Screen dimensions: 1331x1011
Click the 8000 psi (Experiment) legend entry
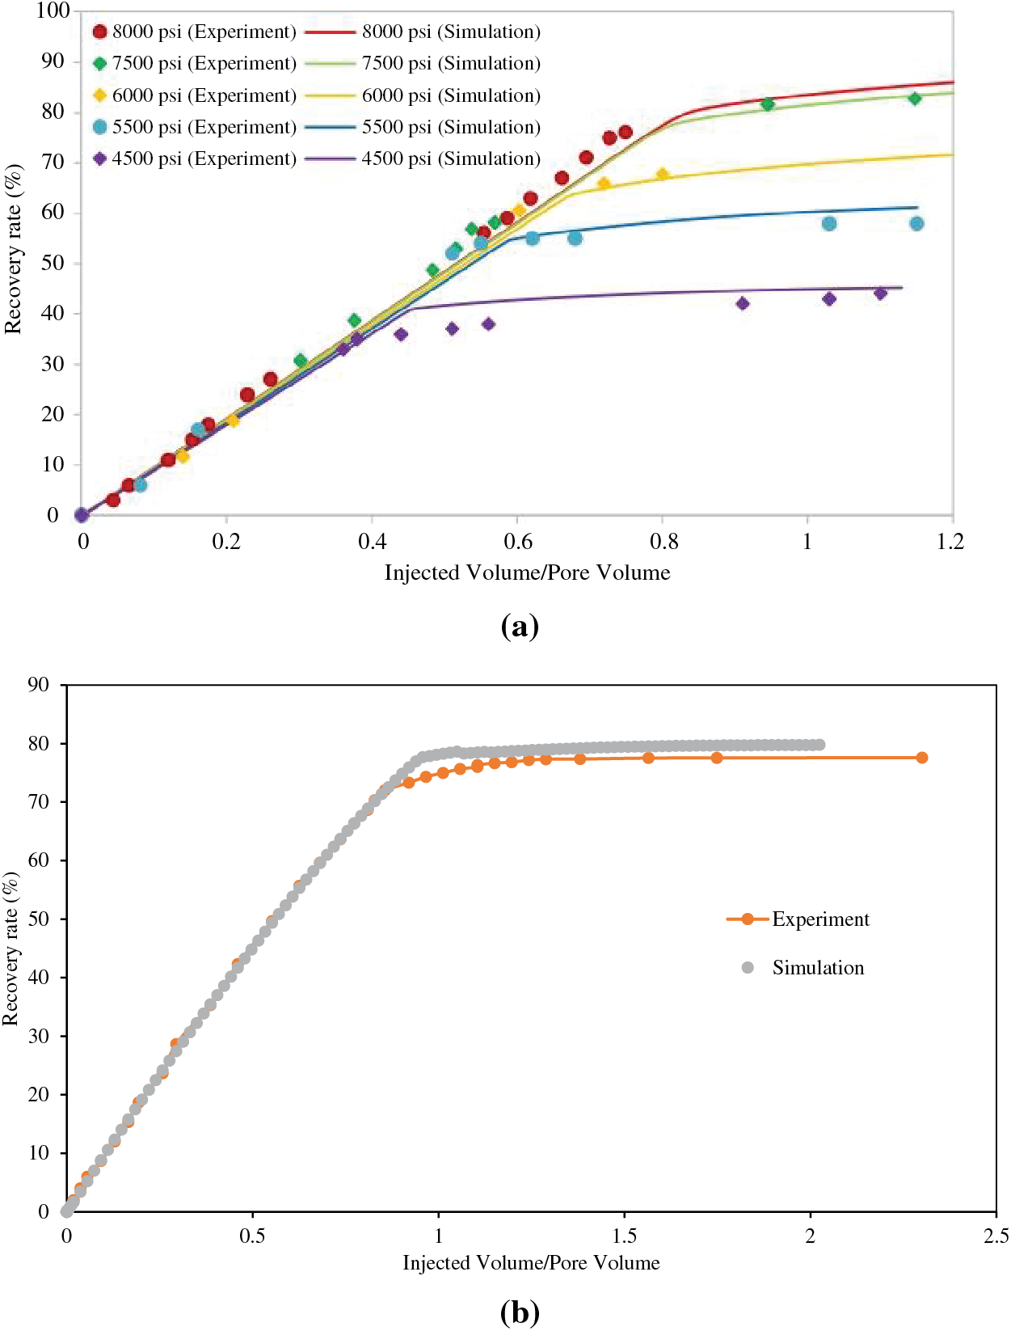[194, 32]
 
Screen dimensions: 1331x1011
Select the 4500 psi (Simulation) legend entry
[449, 158]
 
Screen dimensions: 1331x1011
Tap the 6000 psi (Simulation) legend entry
[449, 95]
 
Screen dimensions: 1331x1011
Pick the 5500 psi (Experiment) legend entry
[194, 127]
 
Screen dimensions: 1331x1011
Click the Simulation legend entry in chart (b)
[817, 968]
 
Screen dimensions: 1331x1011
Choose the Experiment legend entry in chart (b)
[819, 919]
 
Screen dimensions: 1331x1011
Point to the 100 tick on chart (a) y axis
[53, 11]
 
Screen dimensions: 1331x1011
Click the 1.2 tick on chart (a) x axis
[951, 541]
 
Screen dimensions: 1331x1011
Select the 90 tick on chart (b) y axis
[38, 685]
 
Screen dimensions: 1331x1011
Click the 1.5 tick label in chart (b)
[624, 1236]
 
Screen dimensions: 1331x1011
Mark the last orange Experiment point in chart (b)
[922, 758]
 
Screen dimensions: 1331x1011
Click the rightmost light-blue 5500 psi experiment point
[916, 223]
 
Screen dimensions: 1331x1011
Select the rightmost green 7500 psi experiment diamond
[915, 99]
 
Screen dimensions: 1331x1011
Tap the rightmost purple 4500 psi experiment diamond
[881, 294]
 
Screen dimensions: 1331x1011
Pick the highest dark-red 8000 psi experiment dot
[626, 132]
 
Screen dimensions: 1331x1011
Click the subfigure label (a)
[520, 627]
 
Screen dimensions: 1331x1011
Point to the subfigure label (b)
[520, 1312]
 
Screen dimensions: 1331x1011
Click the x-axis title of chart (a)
[527, 573]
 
